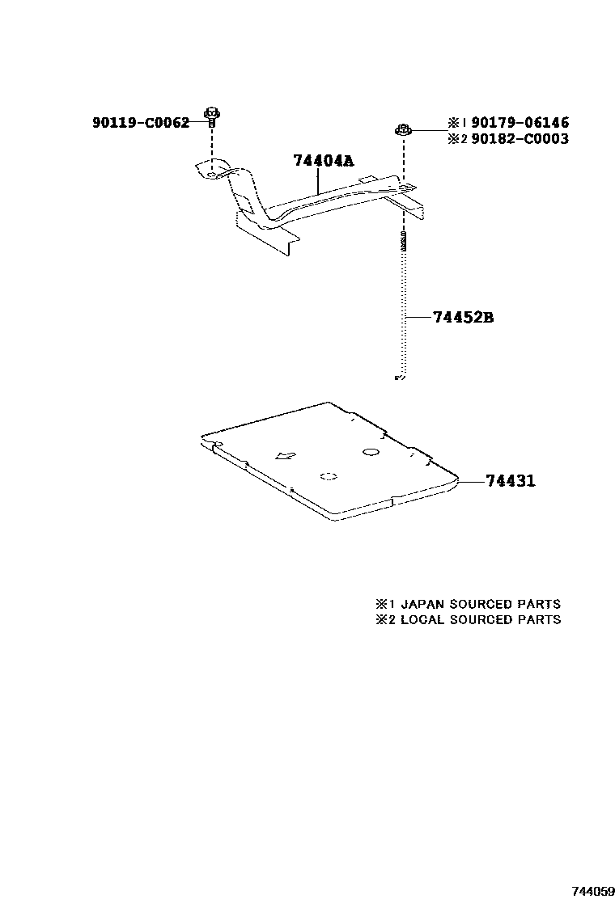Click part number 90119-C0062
tap(141, 123)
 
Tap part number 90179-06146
tap(519, 123)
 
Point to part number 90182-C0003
tap(519, 139)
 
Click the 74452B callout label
tap(463, 318)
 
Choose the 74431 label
tap(511, 481)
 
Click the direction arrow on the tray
tap(285, 456)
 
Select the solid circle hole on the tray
tap(371, 451)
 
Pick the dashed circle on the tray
tap(328, 477)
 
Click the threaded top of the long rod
tap(403, 241)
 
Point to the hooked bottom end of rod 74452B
tap(399, 376)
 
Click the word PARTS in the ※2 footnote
tap(540, 619)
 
